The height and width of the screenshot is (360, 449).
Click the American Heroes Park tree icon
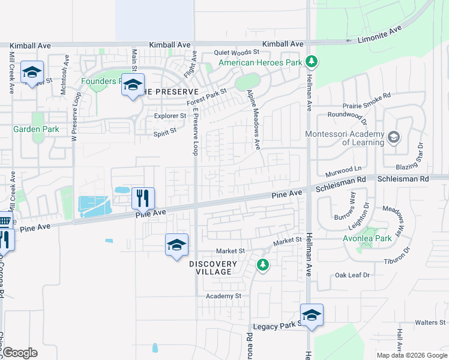[311, 62]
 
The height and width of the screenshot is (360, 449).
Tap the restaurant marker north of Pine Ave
[143, 197]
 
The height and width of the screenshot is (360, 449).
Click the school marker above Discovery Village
[176, 245]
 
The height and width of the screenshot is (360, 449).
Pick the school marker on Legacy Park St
[312, 315]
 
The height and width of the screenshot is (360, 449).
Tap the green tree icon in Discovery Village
[262, 264]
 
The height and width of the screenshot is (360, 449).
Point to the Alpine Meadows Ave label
[254, 119]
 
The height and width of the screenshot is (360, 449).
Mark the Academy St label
[223, 296]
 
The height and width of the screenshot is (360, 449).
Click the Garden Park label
[36, 129]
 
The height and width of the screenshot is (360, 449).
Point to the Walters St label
[430, 322]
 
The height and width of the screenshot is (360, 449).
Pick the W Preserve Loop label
[75, 116]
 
